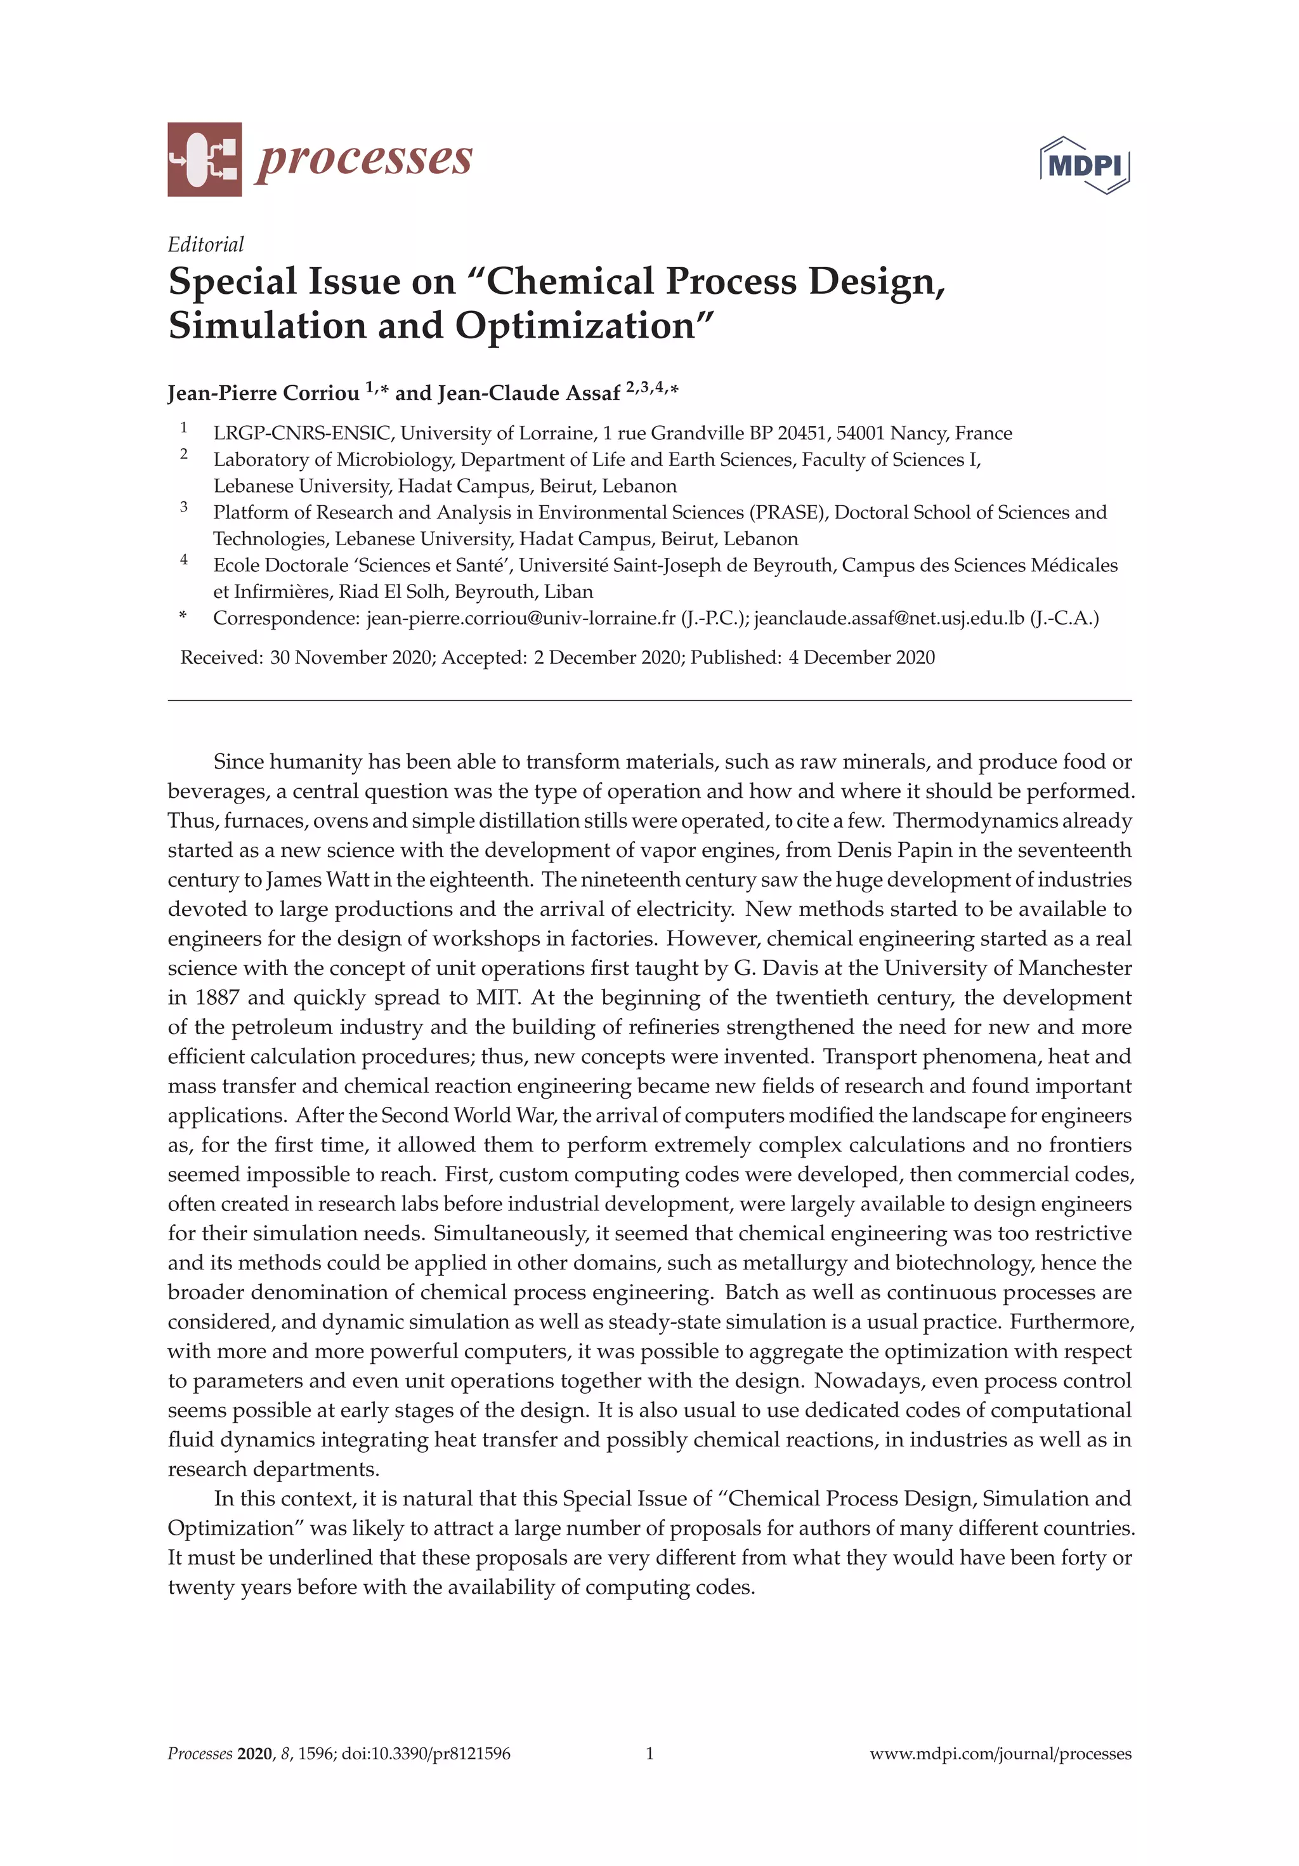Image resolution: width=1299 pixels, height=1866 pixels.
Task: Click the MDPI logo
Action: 1085,165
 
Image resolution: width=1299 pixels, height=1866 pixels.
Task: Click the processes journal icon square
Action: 204,159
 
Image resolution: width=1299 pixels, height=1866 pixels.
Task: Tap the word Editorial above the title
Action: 206,244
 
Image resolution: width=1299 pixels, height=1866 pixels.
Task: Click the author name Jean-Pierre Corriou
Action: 263,394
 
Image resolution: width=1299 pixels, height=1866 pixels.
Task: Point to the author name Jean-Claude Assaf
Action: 529,394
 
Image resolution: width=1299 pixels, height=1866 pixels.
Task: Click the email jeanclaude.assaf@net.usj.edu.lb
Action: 889,618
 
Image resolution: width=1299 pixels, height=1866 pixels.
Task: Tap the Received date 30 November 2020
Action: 350,658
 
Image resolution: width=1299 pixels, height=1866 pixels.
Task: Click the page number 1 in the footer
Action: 649,1754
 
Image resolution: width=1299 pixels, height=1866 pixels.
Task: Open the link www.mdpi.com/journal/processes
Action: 1000,1754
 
